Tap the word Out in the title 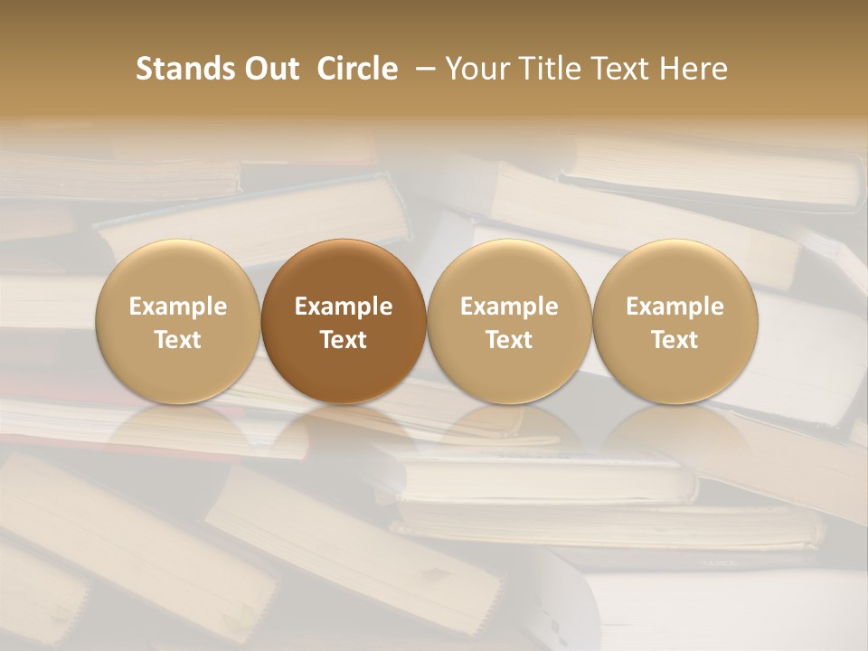click(x=270, y=69)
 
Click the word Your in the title click(x=479, y=69)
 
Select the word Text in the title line click(x=620, y=69)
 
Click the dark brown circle click(x=344, y=321)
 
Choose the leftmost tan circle click(x=178, y=321)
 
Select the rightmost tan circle click(x=675, y=321)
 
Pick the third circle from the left click(x=509, y=321)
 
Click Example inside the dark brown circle click(x=344, y=307)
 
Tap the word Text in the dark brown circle click(x=344, y=340)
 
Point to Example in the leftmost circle click(x=178, y=307)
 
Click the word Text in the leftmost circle click(x=178, y=340)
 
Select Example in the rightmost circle click(x=675, y=307)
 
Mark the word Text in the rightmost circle click(x=675, y=340)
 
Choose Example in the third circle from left click(x=509, y=307)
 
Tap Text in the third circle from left click(x=509, y=340)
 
